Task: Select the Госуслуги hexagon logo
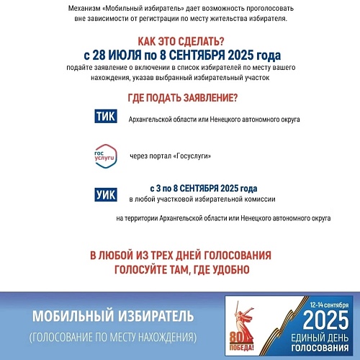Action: tap(106, 156)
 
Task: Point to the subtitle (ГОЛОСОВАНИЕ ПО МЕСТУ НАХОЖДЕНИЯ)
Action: tap(113, 336)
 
